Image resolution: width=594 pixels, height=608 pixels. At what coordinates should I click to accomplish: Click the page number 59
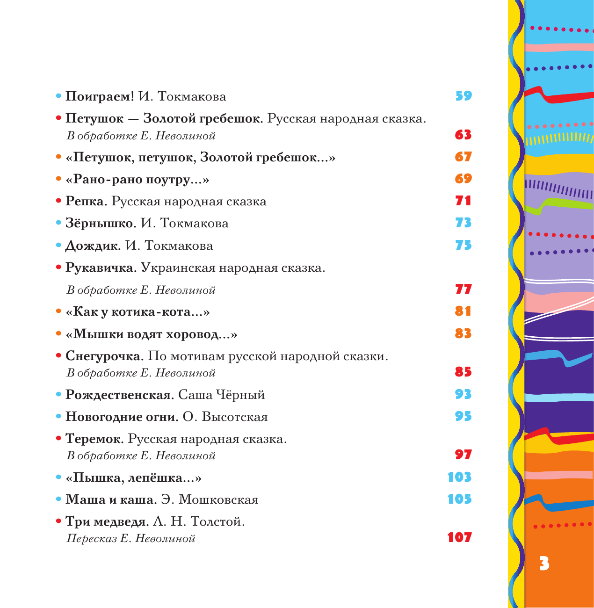464,96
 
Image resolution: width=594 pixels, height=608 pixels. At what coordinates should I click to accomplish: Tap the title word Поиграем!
100,97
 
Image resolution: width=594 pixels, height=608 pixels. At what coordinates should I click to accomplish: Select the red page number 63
463,135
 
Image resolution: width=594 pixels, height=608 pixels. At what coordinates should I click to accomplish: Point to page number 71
463,201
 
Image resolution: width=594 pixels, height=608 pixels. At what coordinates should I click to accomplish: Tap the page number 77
463,290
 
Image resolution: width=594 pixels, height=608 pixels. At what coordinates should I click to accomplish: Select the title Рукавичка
101,268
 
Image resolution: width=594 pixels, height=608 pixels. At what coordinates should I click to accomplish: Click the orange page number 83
463,333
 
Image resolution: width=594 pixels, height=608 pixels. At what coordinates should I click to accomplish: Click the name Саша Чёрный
221,395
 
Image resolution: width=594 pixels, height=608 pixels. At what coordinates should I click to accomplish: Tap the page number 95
463,416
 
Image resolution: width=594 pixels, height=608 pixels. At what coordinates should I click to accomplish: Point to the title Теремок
94,439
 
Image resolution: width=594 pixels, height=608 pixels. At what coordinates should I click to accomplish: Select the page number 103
459,477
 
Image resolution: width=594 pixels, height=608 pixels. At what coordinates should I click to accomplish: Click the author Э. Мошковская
209,500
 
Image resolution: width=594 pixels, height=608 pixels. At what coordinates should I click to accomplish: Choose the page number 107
459,537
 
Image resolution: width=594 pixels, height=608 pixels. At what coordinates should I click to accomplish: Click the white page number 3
544,564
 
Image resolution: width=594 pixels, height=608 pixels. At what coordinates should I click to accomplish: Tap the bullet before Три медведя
58,521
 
